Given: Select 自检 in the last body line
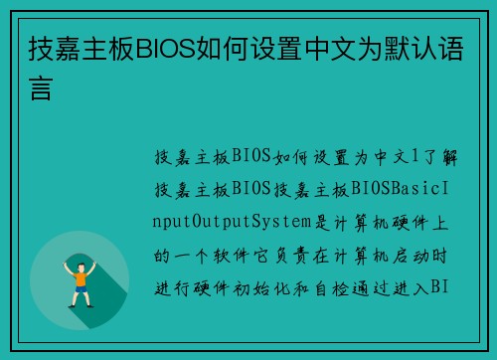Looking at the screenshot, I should (329, 287).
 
